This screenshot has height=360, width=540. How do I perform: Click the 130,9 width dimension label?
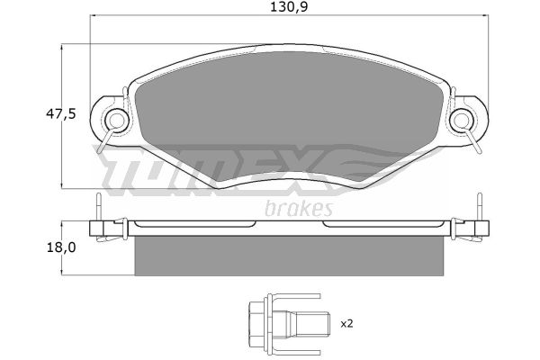pos(289,7)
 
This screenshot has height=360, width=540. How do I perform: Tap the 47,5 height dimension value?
pos(60,113)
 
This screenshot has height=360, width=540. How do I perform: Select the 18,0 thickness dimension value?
pos(61,247)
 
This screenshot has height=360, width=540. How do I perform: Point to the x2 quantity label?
pos(346,324)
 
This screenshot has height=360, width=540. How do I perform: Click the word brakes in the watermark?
pos(299,208)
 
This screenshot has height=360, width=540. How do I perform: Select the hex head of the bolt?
pos(256,324)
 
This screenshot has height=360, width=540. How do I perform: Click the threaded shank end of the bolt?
pos(312,323)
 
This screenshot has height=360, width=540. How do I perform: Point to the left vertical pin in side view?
pos(99,207)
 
